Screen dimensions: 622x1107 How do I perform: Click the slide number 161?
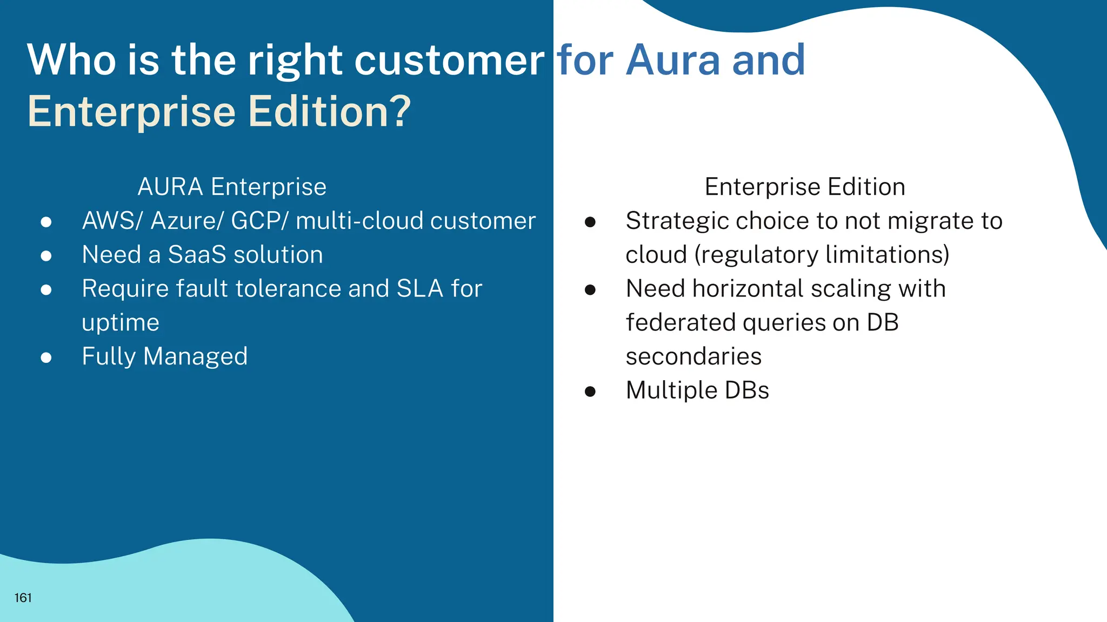(x=23, y=598)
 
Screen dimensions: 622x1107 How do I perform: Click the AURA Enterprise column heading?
(x=232, y=187)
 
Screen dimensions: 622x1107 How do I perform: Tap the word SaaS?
(x=197, y=254)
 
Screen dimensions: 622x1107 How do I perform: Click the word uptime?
(x=121, y=323)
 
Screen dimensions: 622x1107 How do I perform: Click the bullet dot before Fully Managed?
(x=46, y=357)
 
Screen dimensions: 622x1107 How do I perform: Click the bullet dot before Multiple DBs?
(x=590, y=391)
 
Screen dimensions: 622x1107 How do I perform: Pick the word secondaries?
(x=693, y=356)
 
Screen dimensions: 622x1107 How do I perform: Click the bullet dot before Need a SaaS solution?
(x=46, y=255)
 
